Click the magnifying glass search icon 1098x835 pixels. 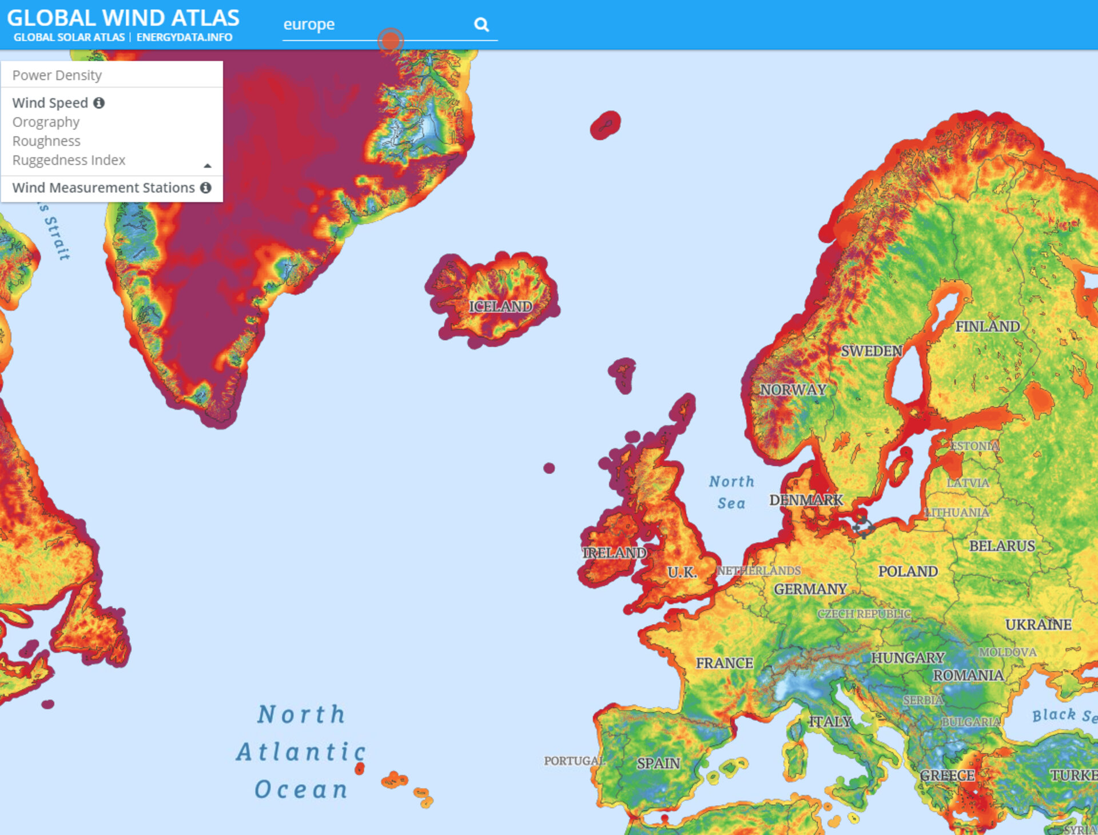coord(482,25)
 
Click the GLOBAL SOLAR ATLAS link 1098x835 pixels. coord(69,37)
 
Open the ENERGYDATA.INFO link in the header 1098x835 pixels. coord(184,37)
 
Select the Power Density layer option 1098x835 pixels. coord(57,75)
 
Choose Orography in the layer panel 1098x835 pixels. coord(46,122)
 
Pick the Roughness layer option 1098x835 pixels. coord(46,141)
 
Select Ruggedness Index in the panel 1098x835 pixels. coord(69,160)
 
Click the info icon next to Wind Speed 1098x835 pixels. coord(99,103)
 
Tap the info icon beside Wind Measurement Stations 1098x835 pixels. coord(206,188)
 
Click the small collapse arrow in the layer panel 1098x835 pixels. coord(208,166)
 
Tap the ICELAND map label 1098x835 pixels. coord(500,307)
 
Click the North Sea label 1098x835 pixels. coord(731,492)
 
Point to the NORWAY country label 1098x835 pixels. coord(793,390)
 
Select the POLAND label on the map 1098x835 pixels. coord(908,571)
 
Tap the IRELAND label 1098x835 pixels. coord(614,553)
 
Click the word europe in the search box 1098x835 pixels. coord(309,25)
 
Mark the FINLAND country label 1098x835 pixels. coord(988,327)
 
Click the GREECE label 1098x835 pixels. coord(947,776)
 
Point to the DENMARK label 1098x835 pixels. coord(806,500)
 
